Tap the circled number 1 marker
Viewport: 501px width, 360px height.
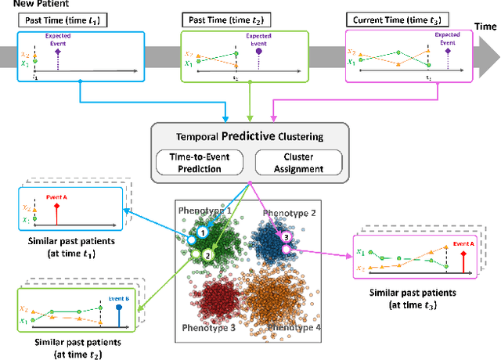tap(202, 232)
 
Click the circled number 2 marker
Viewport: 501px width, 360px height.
tap(207, 254)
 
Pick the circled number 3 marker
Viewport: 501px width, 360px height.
tap(287, 237)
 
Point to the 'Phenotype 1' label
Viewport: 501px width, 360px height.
tap(205, 211)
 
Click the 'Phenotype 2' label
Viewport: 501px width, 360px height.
tap(290, 213)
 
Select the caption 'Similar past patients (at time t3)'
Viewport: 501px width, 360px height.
tap(413, 300)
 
